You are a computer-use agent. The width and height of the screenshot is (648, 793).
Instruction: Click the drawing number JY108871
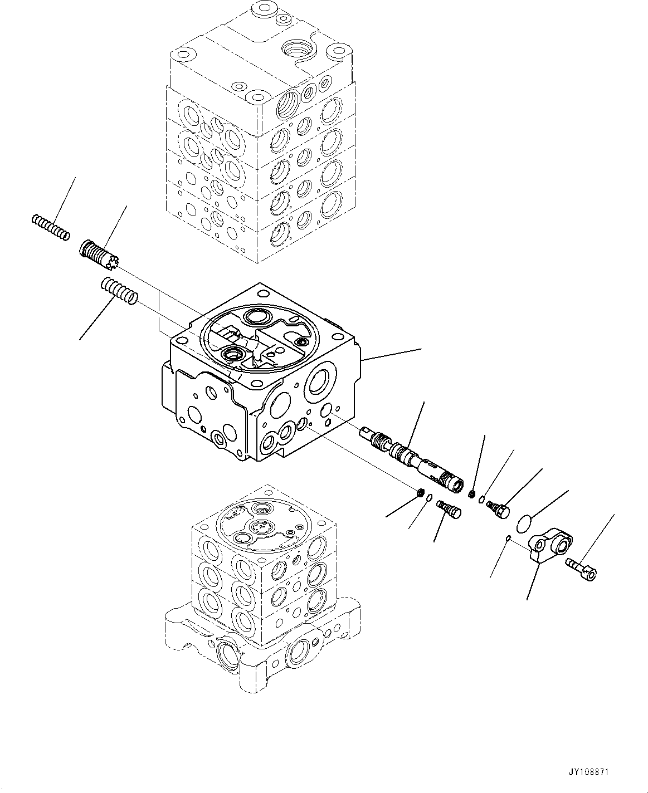[588, 773]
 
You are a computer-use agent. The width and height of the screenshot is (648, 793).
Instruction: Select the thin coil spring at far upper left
[50, 228]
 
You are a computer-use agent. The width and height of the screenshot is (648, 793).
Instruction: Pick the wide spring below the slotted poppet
[118, 291]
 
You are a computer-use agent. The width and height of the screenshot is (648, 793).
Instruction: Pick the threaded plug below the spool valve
[447, 508]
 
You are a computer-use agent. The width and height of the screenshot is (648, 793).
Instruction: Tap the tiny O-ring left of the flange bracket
[508, 537]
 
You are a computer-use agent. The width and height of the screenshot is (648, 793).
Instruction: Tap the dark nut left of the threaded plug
[422, 492]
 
